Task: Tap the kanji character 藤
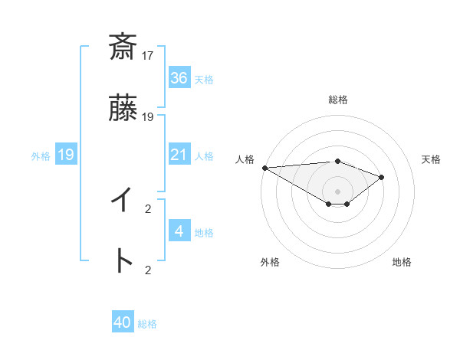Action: [123, 111]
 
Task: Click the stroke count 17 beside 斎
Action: [148, 55]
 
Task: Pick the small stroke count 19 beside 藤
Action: [148, 117]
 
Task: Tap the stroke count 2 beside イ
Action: [148, 208]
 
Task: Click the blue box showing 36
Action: [179, 78]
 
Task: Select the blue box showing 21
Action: [179, 155]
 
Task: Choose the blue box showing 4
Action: [179, 231]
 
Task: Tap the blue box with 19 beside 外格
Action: [66, 155]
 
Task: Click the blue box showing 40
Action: [123, 322]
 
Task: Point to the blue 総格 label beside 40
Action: [147, 324]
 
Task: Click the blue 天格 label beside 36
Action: [203, 80]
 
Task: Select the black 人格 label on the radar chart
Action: [245, 159]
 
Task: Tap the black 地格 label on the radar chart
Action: [402, 262]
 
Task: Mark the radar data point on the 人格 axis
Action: [264, 168]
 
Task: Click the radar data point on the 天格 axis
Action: [382, 177]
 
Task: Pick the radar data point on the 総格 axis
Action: [337, 161]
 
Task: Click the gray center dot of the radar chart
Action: [337, 191]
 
